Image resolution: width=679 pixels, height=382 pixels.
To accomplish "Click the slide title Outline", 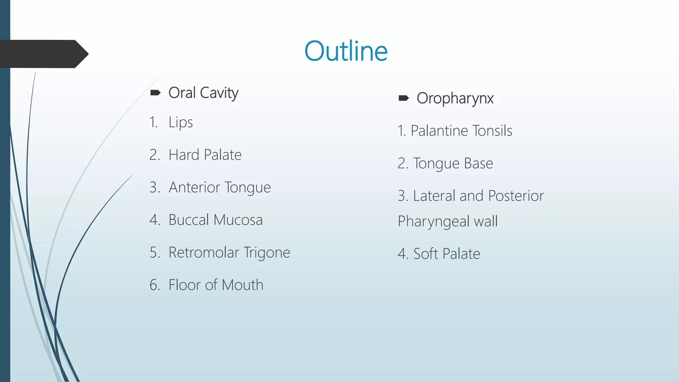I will click(x=346, y=51).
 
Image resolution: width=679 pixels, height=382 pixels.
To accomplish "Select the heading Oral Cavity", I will click(x=203, y=93).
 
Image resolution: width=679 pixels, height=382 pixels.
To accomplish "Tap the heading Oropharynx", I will click(x=455, y=98).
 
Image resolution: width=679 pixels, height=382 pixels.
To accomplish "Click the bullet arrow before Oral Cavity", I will click(x=155, y=93).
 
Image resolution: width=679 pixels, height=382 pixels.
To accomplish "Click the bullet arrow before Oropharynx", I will click(x=403, y=98).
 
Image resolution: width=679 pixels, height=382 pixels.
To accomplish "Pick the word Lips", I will click(x=181, y=122).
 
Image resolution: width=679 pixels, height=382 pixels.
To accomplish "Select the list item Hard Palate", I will click(x=205, y=155).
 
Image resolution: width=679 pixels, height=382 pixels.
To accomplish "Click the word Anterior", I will click(x=194, y=187).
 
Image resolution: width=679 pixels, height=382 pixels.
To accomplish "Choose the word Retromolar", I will click(x=204, y=252).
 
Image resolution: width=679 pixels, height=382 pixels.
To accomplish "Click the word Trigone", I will click(x=267, y=253).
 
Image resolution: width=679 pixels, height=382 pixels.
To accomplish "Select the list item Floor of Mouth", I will click(x=216, y=285).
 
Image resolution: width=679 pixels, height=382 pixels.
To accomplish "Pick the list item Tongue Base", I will click(x=453, y=163).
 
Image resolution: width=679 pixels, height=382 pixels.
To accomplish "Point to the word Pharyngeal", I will click(x=433, y=222).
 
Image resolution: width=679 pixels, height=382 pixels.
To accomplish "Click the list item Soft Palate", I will click(x=447, y=254).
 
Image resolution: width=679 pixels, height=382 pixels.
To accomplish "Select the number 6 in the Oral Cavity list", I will click(x=154, y=285).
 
